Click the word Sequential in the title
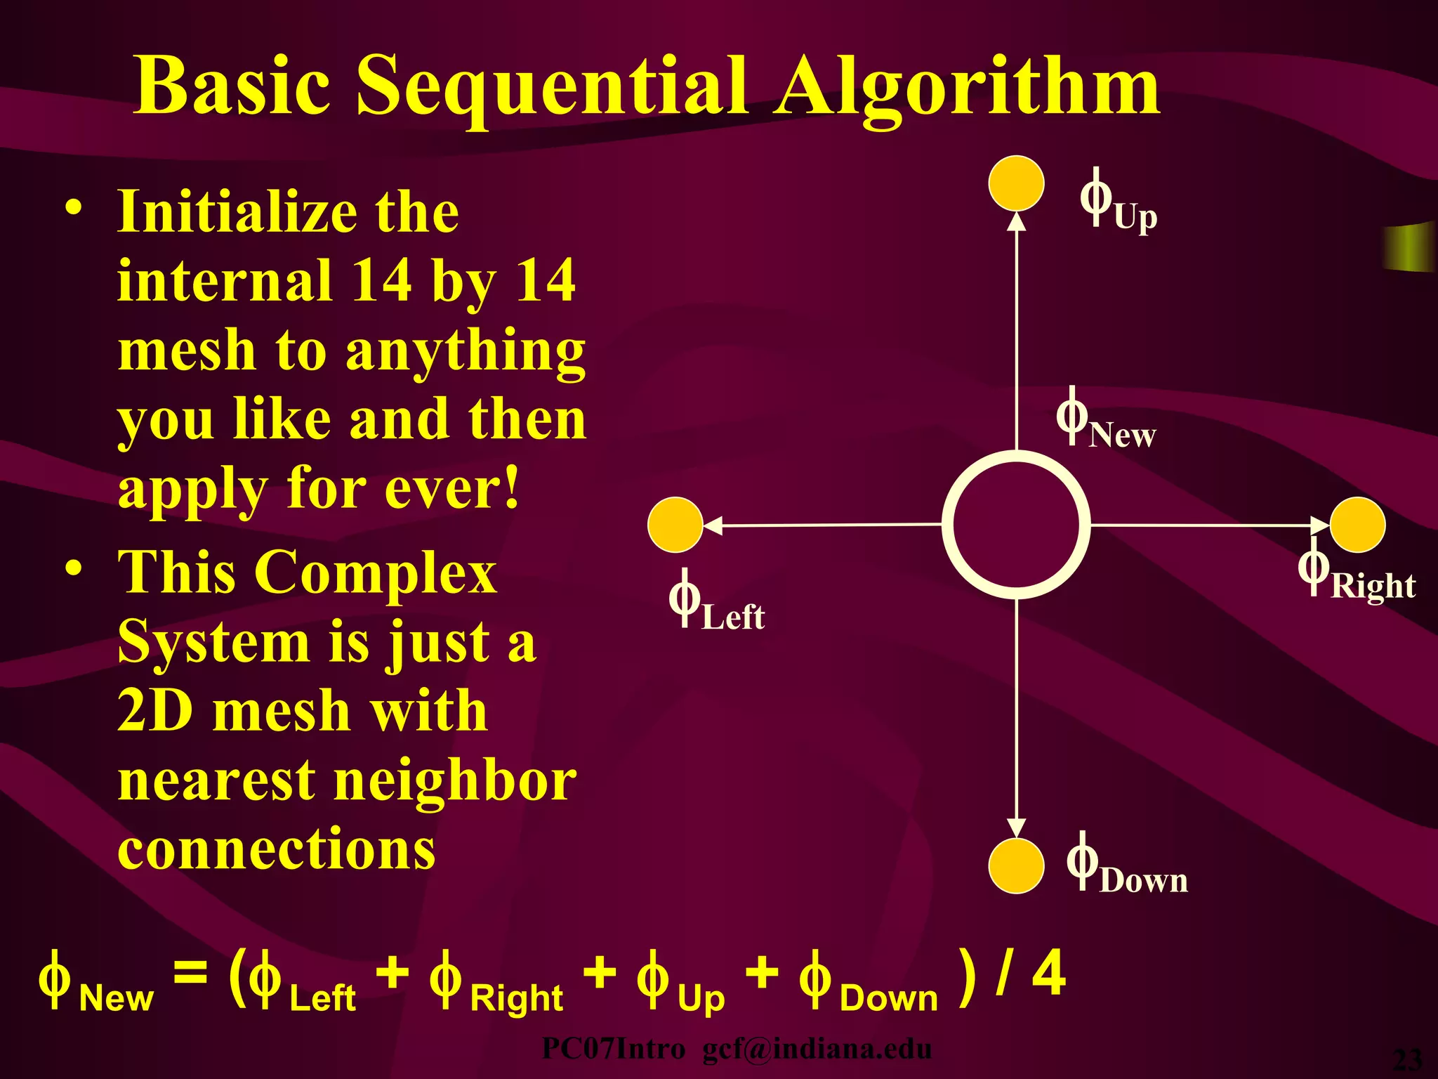pos(551,87)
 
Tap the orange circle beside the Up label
pos(1016,183)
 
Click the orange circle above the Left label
pos(675,525)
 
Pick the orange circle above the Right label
pos(1357,525)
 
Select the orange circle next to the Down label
pos(1016,865)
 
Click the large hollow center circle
pos(1016,525)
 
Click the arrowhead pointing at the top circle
pos(1017,221)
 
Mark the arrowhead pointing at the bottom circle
pos(1017,828)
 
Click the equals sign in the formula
pos(190,974)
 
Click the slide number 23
pos(1407,1059)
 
